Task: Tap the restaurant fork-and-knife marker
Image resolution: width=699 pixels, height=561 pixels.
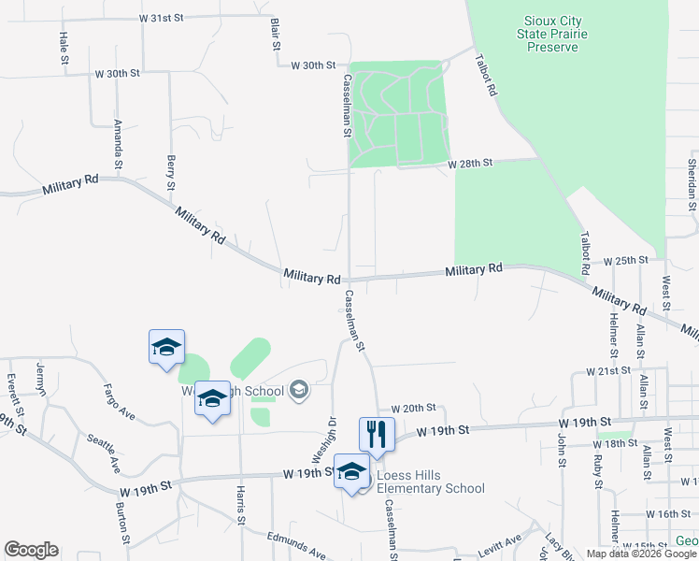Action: pyautogui.click(x=377, y=434)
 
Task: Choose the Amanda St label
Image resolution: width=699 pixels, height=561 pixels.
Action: pyautogui.click(x=118, y=142)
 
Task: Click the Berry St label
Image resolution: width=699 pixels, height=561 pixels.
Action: pyautogui.click(x=171, y=172)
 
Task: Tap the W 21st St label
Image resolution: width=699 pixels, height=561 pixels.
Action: pyautogui.click(x=608, y=371)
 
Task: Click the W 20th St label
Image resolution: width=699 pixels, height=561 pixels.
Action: pyautogui.click(x=414, y=409)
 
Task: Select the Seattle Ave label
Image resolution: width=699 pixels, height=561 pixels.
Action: pyautogui.click(x=102, y=453)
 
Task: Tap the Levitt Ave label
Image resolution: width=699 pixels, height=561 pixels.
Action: pyautogui.click(x=500, y=543)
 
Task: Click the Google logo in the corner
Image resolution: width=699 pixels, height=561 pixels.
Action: pyautogui.click(x=31, y=550)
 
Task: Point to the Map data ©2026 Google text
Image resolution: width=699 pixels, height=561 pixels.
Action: pyautogui.click(x=642, y=554)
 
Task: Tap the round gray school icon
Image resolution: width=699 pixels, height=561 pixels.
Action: pyautogui.click(x=299, y=389)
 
